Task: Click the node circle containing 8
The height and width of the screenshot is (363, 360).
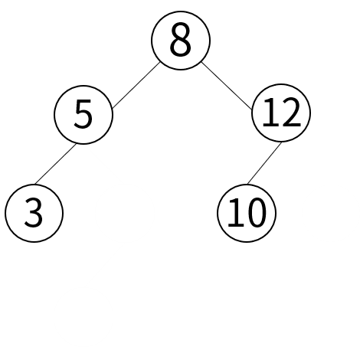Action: (x=181, y=41)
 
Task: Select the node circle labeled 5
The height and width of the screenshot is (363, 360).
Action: (x=83, y=115)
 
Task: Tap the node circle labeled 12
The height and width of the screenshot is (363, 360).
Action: (x=281, y=113)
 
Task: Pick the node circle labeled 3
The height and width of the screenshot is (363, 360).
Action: (x=34, y=213)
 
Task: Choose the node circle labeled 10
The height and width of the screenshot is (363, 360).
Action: (x=247, y=213)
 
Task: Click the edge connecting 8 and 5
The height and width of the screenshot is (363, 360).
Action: (x=136, y=85)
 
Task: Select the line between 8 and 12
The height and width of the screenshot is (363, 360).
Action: (x=227, y=86)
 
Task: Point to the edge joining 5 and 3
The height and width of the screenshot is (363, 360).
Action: (x=55, y=164)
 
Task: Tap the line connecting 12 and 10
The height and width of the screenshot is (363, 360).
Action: (x=264, y=163)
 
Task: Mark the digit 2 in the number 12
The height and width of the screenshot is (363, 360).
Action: (x=291, y=113)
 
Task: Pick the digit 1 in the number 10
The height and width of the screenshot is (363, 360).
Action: (x=234, y=213)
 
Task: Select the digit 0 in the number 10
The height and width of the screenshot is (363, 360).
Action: (x=256, y=213)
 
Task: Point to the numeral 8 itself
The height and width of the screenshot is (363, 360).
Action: (x=180, y=40)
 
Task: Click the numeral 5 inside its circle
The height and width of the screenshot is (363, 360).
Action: (x=83, y=114)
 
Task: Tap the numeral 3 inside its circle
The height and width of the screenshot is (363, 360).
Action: (x=34, y=213)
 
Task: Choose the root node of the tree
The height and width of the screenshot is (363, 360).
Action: (x=181, y=41)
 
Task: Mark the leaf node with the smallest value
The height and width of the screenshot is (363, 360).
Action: (x=34, y=213)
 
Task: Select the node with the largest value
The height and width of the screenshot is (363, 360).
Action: (x=281, y=113)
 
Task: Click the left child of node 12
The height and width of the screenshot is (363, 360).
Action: (x=247, y=213)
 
